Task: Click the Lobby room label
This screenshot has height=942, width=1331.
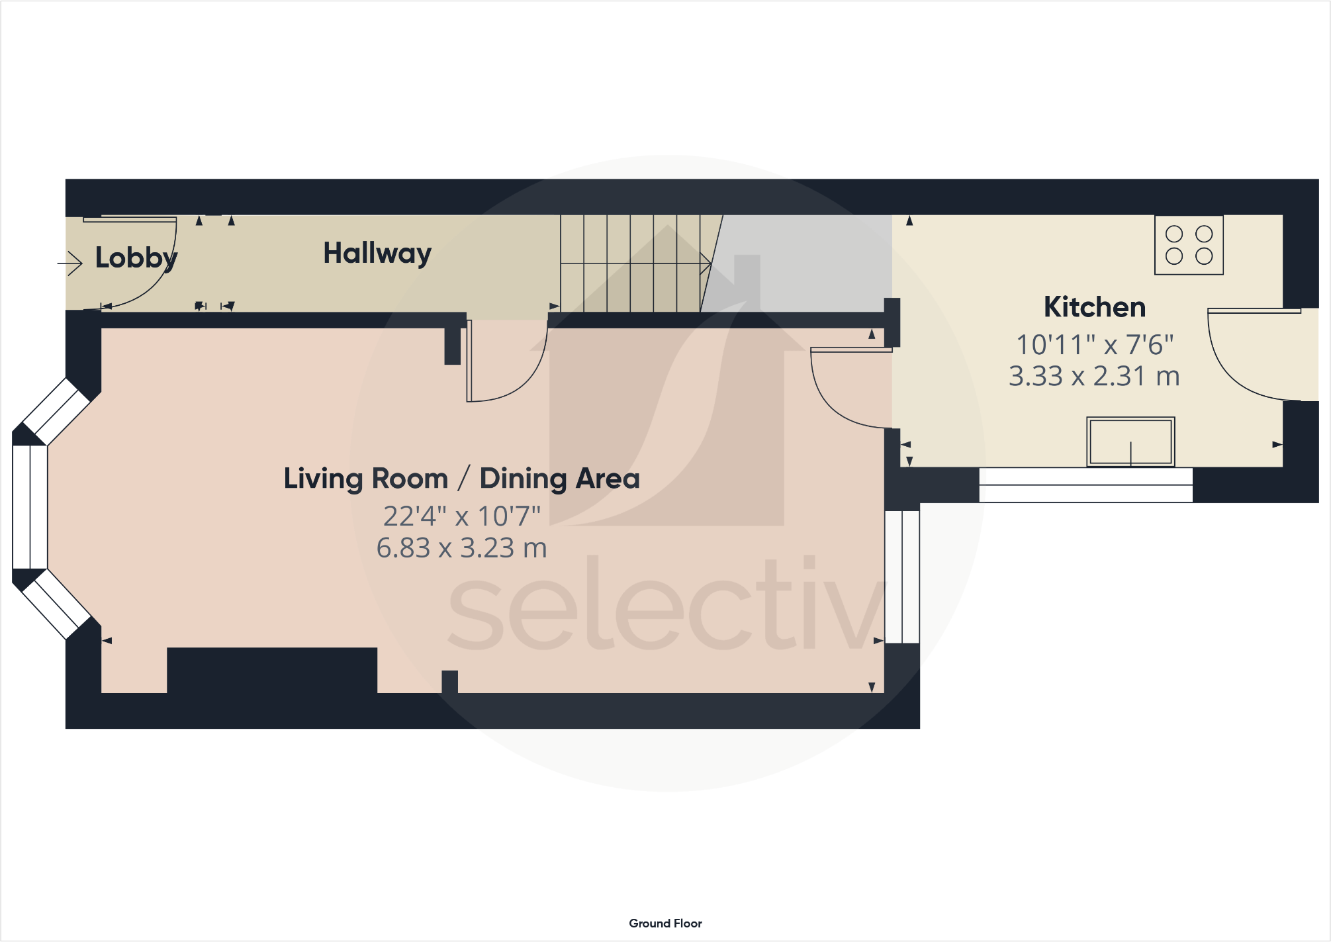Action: [136, 258]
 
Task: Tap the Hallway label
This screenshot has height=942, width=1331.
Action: [377, 253]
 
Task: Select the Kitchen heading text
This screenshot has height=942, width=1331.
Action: [1095, 307]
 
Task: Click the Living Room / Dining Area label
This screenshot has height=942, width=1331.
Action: [461, 479]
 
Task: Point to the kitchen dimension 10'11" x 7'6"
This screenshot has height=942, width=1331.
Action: [1095, 345]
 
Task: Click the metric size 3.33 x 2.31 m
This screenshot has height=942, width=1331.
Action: [1094, 376]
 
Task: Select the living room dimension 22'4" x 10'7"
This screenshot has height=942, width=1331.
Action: [462, 516]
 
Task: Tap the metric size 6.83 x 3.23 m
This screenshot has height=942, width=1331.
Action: [461, 548]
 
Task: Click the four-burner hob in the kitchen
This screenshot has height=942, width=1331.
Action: [1189, 245]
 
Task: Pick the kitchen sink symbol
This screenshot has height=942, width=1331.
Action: [1130, 442]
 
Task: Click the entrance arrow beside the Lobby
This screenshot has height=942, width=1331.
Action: [69, 263]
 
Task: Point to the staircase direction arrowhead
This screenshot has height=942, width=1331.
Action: [706, 263]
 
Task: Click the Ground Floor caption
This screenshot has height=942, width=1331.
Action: [665, 923]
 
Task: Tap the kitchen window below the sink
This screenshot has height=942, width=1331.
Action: [1085, 485]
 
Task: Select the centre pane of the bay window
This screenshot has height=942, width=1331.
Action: [30, 507]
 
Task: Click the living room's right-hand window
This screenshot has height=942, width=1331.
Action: [902, 576]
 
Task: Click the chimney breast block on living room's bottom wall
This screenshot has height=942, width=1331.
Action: [271, 670]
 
